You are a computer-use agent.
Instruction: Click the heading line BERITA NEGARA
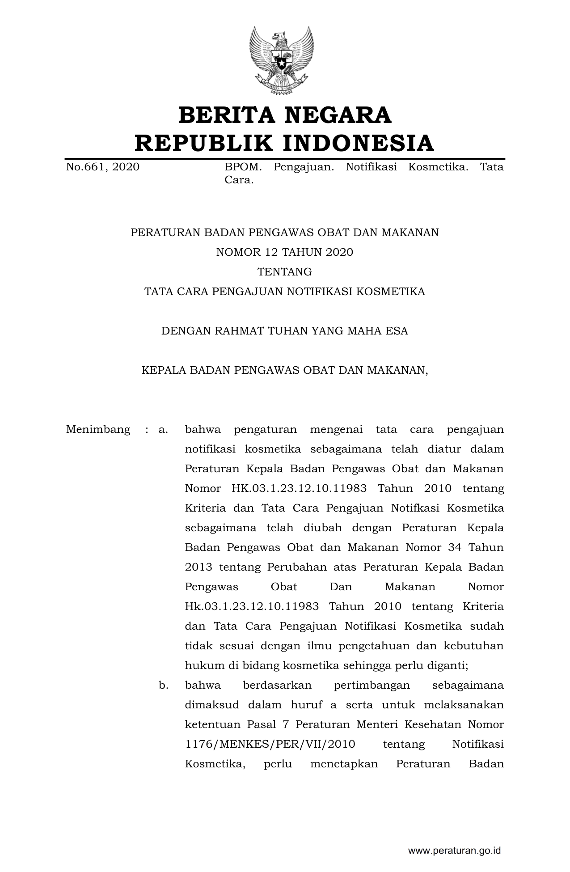tap(285, 115)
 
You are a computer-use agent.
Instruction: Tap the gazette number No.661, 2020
tap(103, 167)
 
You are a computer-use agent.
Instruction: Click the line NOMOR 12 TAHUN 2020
tap(285, 252)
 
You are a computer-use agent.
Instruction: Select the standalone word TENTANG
tap(285, 272)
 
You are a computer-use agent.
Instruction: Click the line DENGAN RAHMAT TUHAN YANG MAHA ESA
tap(285, 331)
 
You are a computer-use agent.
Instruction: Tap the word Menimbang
tap(98, 430)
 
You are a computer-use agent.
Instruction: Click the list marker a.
tap(163, 430)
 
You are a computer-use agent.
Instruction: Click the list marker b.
tap(163, 685)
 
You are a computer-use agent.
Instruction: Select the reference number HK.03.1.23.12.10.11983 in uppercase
tap(299, 488)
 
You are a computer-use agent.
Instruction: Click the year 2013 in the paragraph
tap(198, 567)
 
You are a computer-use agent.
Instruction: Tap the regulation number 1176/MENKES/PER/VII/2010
tap(270, 744)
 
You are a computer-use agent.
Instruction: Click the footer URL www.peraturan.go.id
tap(454, 851)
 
